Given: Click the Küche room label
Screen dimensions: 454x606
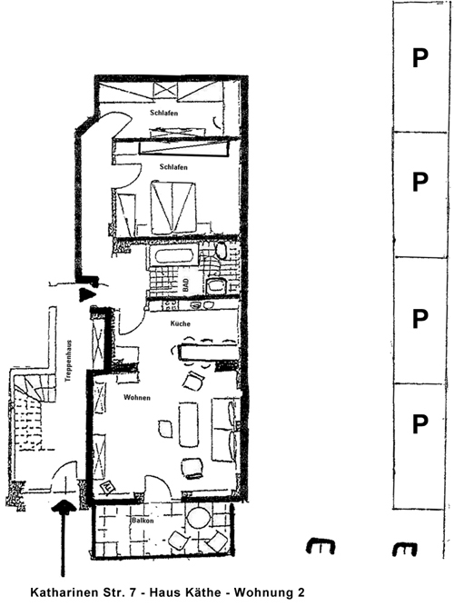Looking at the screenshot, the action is (x=181, y=323).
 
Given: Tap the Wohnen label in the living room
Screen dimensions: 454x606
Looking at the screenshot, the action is (x=137, y=397).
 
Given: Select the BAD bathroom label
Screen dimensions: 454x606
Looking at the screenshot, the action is (x=186, y=285).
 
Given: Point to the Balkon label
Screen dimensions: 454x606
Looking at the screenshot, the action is (x=143, y=521).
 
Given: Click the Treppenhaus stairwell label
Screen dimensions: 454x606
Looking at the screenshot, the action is (x=68, y=361).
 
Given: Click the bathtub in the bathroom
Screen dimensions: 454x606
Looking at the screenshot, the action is (x=173, y=257).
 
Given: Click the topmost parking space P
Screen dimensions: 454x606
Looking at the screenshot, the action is (x=420, y=58).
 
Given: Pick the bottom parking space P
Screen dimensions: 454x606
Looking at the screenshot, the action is (x=420, y=424).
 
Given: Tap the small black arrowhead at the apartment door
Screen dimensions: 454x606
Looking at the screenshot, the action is (x=86, y=295).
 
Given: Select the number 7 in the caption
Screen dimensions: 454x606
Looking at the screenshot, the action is (x=134, y=592).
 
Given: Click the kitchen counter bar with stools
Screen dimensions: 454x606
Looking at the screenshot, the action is (x=207, y=352).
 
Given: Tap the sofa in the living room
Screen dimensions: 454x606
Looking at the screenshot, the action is (x=223, y=429).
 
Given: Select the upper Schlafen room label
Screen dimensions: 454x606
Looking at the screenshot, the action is (x=164, y=113).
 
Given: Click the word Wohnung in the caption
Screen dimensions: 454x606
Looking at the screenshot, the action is (x=262, y=593).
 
